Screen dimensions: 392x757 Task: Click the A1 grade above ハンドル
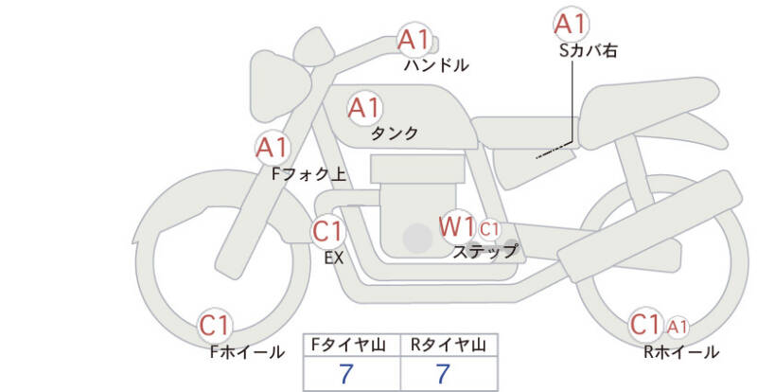[x=414, y=40]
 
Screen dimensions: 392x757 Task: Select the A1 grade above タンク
[x=364, y=108]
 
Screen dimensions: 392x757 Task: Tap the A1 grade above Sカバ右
[x=571, y=23]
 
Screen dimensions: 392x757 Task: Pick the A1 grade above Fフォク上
[x=273, y=148]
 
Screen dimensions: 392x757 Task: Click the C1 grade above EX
[x=327, y=230]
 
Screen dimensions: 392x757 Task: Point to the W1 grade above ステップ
[x=456, y=227]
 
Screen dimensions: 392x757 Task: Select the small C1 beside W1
[x=489, y=229]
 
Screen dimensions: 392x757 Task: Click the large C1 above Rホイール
[x=645, y=325]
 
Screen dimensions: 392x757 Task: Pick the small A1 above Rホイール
[x=677, y=327]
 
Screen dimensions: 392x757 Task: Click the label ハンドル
[x=435, y=65]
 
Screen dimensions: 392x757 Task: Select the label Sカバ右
[x=588, y=50]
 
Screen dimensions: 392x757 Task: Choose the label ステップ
[x=485, y=252]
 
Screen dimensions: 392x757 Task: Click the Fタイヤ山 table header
[x=350, y=345]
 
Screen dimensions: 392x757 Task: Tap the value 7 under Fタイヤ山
[x=348, y=374]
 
